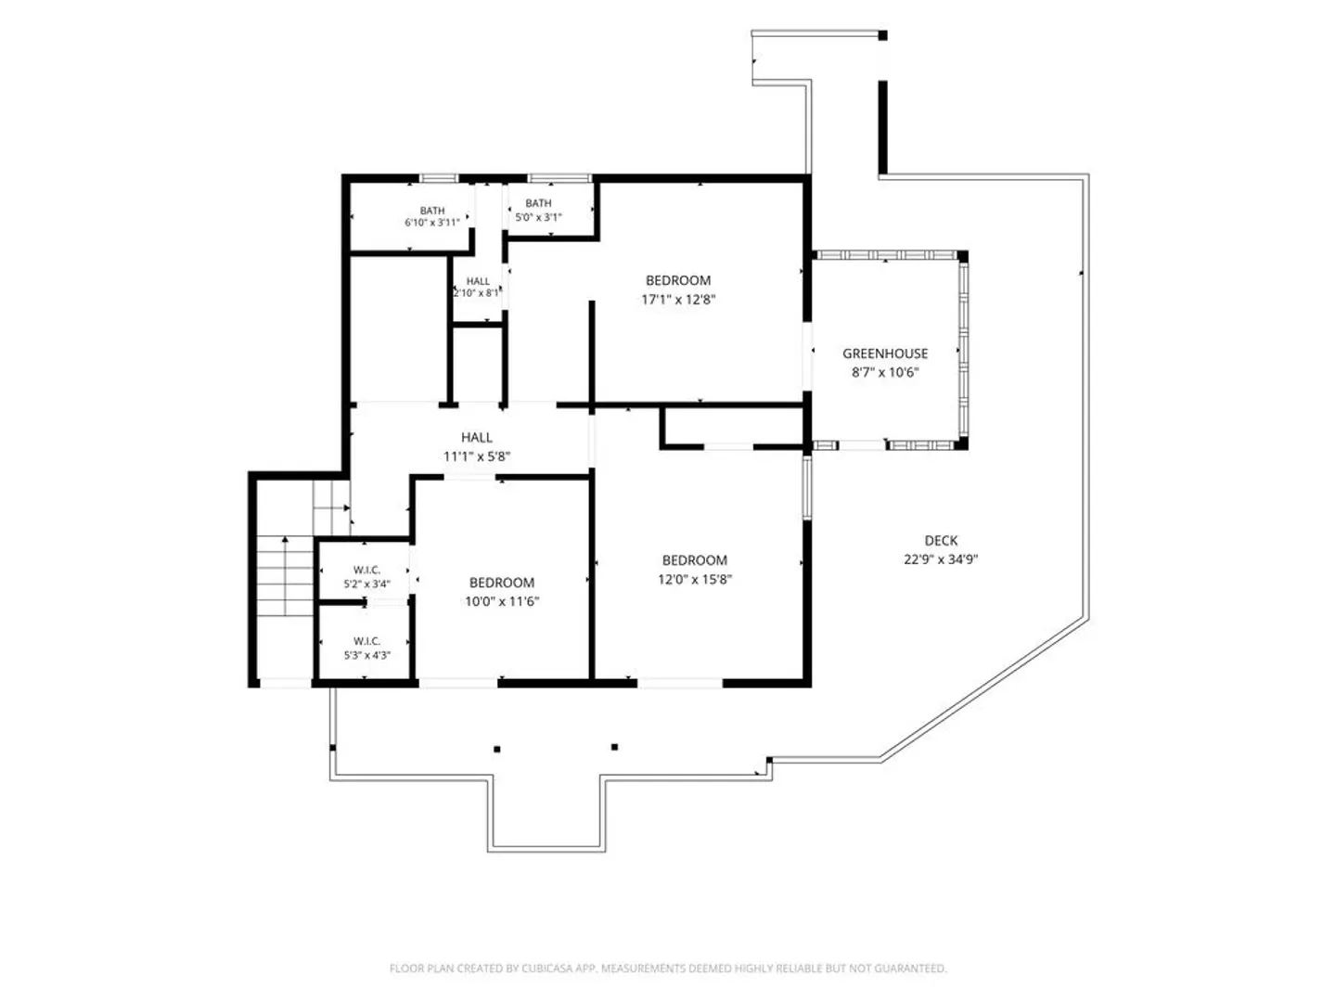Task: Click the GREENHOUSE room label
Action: point(884,353)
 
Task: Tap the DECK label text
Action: point(941,540)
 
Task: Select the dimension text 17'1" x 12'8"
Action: point(678,300)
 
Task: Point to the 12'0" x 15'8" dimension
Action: point(695,579)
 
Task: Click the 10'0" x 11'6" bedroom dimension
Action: point(502,602)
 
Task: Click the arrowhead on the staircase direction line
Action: point(285,539)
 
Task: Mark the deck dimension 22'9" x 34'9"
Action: point(941,559)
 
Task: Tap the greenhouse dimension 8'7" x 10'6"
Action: point(884,372)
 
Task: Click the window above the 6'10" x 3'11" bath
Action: point(438,178)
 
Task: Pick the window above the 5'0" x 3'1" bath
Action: point(559,178)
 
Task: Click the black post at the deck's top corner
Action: point(882,35)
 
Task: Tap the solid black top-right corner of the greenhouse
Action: point(962,256)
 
